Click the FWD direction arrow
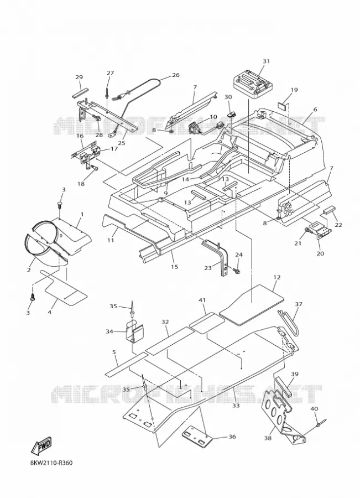(41, 446)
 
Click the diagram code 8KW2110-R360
(51, 463)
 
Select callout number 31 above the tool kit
(266, 61)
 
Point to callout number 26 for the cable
(175, 75)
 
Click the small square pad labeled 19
(282, 105)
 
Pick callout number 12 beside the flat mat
(277, 277)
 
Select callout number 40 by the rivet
(314, 408)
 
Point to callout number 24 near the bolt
(239, 255)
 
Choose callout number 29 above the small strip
(79, 77)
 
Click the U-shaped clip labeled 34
(134, 331)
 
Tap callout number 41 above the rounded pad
(202, 300)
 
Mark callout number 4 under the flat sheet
(50, 312)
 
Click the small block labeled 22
(328, 212)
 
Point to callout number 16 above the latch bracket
(80, 136)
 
